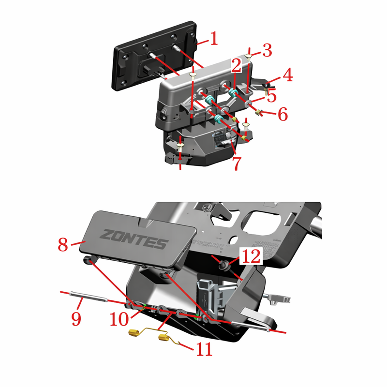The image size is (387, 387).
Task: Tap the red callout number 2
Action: [x=236, y=65]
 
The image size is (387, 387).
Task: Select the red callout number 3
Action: [x=267, y=50]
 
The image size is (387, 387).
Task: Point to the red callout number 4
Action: [x=287, y=75]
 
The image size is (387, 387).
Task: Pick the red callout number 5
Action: [x=272, y=96]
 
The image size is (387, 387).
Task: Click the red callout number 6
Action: [x=283, y=114]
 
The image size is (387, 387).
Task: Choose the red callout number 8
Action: [x=63, y=244]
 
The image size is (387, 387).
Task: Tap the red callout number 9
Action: [x=76, y=318]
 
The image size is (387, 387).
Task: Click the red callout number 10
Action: [x=119, y=319]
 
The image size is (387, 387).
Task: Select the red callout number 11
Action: [x=204, y=349]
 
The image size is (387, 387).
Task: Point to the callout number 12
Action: [x=251, y=256]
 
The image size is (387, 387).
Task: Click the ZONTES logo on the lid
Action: [x=134, y=239]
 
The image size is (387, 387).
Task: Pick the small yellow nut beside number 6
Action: [x=258, y=113]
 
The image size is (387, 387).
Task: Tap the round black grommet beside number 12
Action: [x=223, y=266]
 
